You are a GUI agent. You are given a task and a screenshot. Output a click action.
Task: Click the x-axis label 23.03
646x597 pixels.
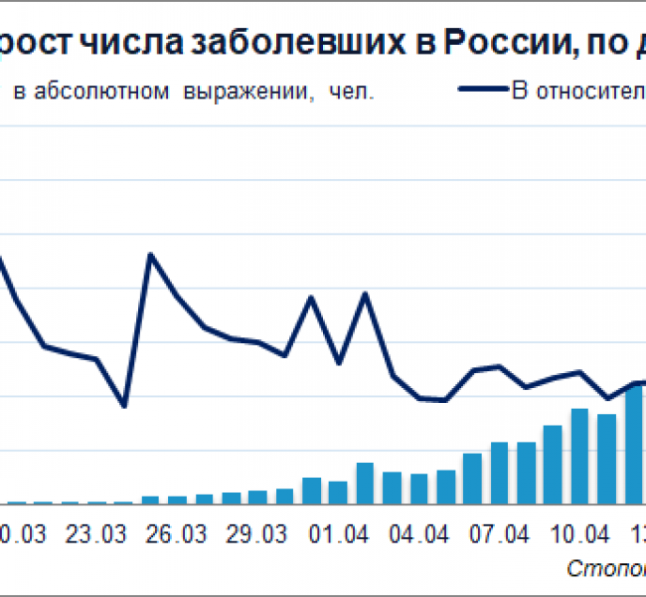(96, 534)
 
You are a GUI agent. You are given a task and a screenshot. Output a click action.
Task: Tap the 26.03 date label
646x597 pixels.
(177, 534)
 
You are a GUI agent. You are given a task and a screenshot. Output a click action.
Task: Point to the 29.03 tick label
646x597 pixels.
(257, 534)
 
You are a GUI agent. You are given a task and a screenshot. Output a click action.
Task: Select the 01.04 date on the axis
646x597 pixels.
(339, 534)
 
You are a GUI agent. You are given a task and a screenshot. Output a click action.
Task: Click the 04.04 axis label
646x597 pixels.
(419, 534)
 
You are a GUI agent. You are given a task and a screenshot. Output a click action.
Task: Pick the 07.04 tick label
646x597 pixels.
(500, 534)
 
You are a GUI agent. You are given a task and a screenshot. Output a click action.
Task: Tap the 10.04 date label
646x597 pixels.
(580, 534)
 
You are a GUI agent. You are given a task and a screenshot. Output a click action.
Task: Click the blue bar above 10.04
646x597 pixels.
(580, 456)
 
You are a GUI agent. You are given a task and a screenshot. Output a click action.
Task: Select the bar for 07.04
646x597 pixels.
(500, 473)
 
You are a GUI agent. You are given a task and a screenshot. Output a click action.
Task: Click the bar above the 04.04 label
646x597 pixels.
(419, 489)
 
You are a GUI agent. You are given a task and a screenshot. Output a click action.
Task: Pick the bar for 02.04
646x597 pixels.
(365, 483)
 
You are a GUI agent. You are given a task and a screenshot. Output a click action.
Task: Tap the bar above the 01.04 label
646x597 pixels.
(338, 492)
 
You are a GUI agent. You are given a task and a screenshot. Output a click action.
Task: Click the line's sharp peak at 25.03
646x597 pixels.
(151, 255)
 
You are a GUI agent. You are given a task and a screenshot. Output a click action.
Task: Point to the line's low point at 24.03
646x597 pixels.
(123, 405)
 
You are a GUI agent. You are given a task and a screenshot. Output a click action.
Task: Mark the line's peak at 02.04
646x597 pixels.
(365, 294)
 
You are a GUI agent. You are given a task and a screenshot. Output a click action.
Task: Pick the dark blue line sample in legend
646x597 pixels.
(482, 91)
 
